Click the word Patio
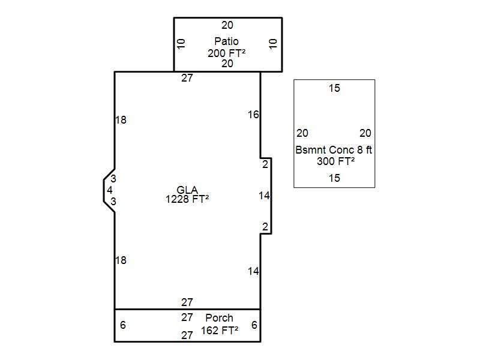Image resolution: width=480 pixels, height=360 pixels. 226,41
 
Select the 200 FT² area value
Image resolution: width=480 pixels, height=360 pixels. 226,53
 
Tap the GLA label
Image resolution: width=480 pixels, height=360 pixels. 187,190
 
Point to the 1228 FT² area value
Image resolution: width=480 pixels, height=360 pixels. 187,199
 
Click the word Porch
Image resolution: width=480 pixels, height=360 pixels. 219,318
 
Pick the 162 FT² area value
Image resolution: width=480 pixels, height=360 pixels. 220,331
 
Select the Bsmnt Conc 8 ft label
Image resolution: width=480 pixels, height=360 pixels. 334,150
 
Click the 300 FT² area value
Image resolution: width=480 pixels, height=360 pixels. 335,161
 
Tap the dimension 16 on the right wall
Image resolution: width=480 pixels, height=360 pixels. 253,115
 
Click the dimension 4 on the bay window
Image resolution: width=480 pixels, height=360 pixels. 110,190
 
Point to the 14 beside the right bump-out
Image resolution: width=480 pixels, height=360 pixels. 264,196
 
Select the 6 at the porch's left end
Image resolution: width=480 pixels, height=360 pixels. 123,325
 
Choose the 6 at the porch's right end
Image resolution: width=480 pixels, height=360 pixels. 254,325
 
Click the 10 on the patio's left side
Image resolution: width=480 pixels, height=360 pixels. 181,43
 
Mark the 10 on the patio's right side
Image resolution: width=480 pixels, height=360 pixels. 273,43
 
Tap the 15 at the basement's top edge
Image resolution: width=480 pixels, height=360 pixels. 334,88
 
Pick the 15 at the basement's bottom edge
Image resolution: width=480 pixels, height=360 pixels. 334,178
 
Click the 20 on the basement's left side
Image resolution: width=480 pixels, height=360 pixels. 302,133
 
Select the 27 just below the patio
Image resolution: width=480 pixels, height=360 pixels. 187,78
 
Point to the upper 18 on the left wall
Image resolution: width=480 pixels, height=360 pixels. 121,119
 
